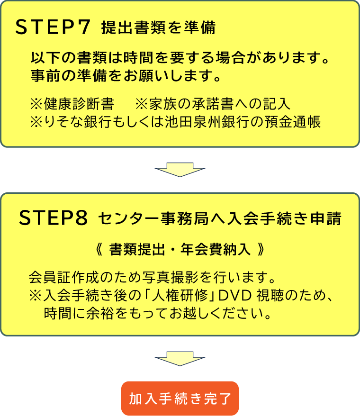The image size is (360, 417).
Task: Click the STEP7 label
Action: coord(53,28)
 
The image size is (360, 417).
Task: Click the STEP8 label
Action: coord(54,218)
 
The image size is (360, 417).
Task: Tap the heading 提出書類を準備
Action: coord(158,28)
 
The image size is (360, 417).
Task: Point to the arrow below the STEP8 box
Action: coord(180,359)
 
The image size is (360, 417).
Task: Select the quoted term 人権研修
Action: coord(178,296)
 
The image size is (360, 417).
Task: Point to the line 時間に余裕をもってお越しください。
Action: coord(159,313)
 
